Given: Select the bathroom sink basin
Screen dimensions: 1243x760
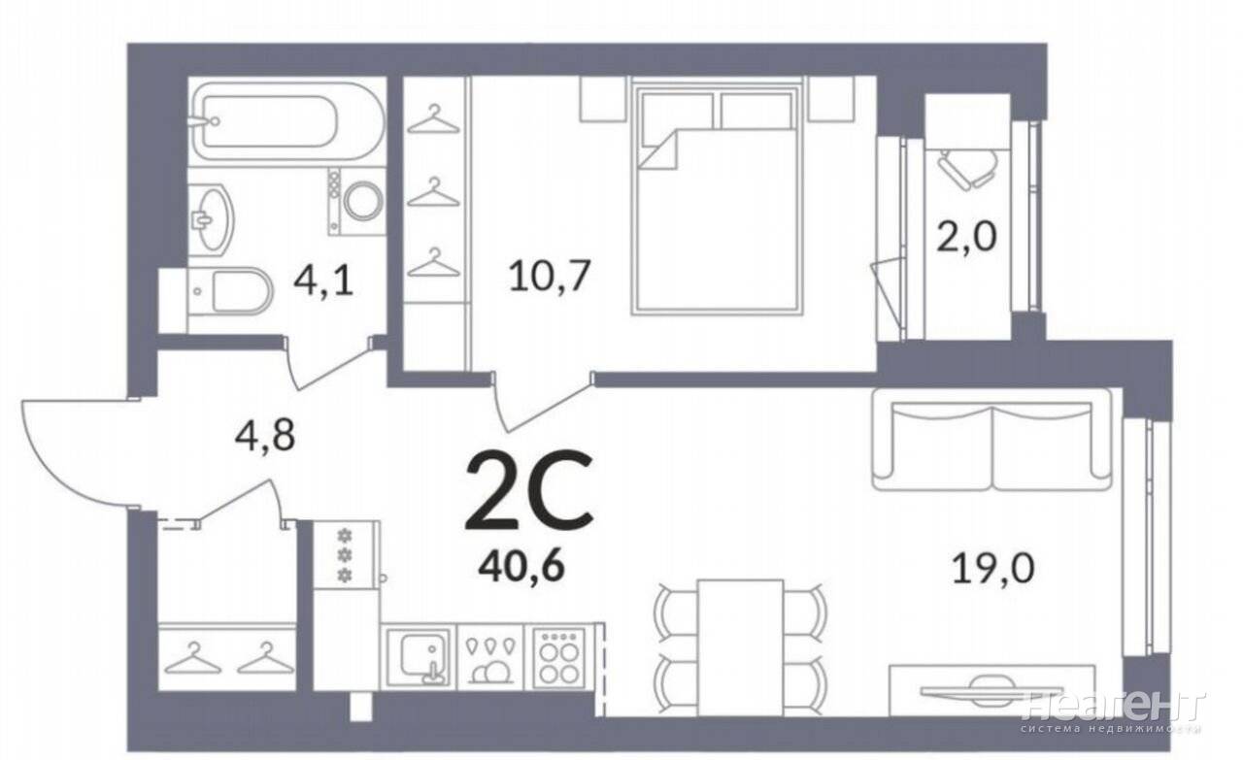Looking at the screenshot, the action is [211, 219].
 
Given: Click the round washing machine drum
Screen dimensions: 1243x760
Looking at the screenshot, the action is [363, 201].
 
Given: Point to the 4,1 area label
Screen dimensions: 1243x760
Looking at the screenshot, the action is [323, 282].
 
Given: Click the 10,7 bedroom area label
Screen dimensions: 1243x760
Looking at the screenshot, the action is [549, 276].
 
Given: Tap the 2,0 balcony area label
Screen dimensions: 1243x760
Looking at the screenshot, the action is [967, 236].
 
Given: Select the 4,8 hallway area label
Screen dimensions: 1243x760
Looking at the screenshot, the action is [265, 435].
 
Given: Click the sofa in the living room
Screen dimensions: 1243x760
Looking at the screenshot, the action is [992, 440].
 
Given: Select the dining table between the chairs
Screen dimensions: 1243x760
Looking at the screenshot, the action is [740, 647].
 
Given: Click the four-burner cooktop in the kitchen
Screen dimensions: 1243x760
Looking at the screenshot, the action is [558, 658].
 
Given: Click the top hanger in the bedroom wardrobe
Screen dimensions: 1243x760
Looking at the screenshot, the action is [434, 119].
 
